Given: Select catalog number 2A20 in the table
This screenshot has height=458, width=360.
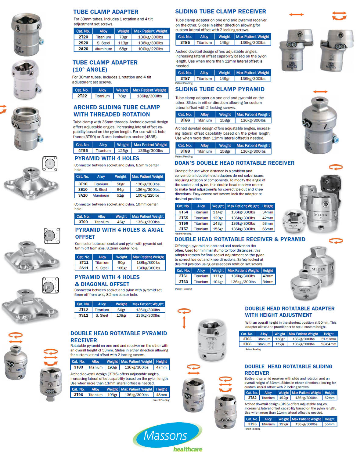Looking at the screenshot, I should (x=83, y=49).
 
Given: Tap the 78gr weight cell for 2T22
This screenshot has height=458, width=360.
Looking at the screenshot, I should (x=122, y=96).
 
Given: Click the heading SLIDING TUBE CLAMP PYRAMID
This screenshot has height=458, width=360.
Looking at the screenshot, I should (x=220, y=89).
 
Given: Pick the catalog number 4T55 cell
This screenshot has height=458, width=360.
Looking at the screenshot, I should (x=83, y=151).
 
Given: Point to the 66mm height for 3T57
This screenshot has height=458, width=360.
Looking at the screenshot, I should (x=268, y=229).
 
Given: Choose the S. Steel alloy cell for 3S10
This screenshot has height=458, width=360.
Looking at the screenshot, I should (x=101, y=190).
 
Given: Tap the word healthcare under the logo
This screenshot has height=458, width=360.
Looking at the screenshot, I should (x=188, y=449).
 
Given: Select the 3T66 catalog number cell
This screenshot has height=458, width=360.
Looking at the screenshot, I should (x=247, y=344).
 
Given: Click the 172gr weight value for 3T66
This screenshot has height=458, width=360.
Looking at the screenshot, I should (x=280, y=344).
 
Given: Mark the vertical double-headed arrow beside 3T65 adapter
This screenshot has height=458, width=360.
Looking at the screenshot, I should (x=184, y=322).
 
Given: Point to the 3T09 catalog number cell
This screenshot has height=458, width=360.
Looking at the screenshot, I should (x=83, y=222).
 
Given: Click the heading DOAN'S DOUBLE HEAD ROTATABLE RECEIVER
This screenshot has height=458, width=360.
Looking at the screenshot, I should (x=234, y=163).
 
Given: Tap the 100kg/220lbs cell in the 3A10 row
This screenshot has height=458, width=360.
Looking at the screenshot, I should (x=148, y=195).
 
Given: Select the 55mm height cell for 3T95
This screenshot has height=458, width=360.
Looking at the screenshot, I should (x=329, y=424).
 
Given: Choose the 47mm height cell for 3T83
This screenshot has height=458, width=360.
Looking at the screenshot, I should (x=161, y=367).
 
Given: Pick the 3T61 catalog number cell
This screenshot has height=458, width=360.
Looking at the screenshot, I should (x=183, y=276).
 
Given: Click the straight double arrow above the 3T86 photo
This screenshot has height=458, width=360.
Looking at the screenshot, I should (x=320, y=92).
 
